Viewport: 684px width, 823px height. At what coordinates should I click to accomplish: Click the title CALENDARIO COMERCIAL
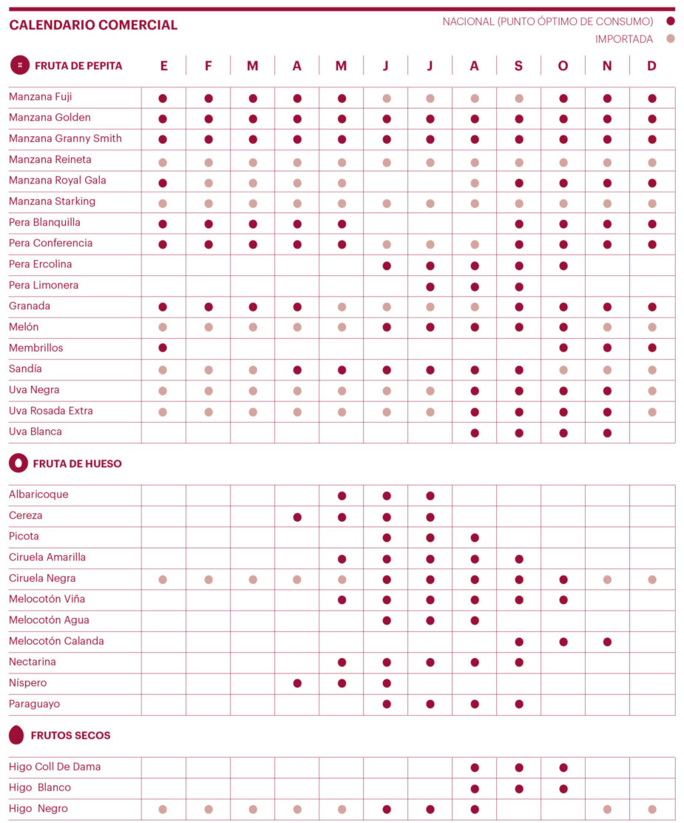[x=93, y=25]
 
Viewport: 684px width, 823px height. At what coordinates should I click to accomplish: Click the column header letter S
[x=518, y=66]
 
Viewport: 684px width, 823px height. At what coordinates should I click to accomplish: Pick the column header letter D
[x=651, y=66]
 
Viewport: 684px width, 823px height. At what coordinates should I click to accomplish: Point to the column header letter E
[x=163, y=66]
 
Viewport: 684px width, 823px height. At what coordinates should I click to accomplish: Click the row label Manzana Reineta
[x=50, y=159]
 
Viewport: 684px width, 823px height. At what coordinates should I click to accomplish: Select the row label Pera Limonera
[x=44, y=285]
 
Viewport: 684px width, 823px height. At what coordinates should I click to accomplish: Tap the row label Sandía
[x=25, y=369]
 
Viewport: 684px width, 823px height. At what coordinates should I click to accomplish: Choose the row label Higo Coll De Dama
[x=55, y=767]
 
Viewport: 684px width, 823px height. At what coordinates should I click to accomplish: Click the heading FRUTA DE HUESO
[x=77, y=464]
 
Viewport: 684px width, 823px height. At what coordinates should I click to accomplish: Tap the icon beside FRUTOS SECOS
[x=16, y=735]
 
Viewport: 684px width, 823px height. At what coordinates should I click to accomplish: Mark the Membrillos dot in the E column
[x=163, y=348]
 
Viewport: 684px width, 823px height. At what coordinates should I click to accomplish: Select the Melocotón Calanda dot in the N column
[x=607, y=642]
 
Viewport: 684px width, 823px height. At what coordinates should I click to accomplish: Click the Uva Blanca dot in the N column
[x=607, y=433]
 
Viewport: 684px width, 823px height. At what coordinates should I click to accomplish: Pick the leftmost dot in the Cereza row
[x=297, y=517]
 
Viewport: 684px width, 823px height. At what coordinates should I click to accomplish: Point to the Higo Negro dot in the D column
[x=651, y=810]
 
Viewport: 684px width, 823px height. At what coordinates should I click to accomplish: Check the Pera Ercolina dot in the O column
[x=563, y=266]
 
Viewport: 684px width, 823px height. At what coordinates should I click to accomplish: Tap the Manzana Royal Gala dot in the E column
[x=163, y=183]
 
